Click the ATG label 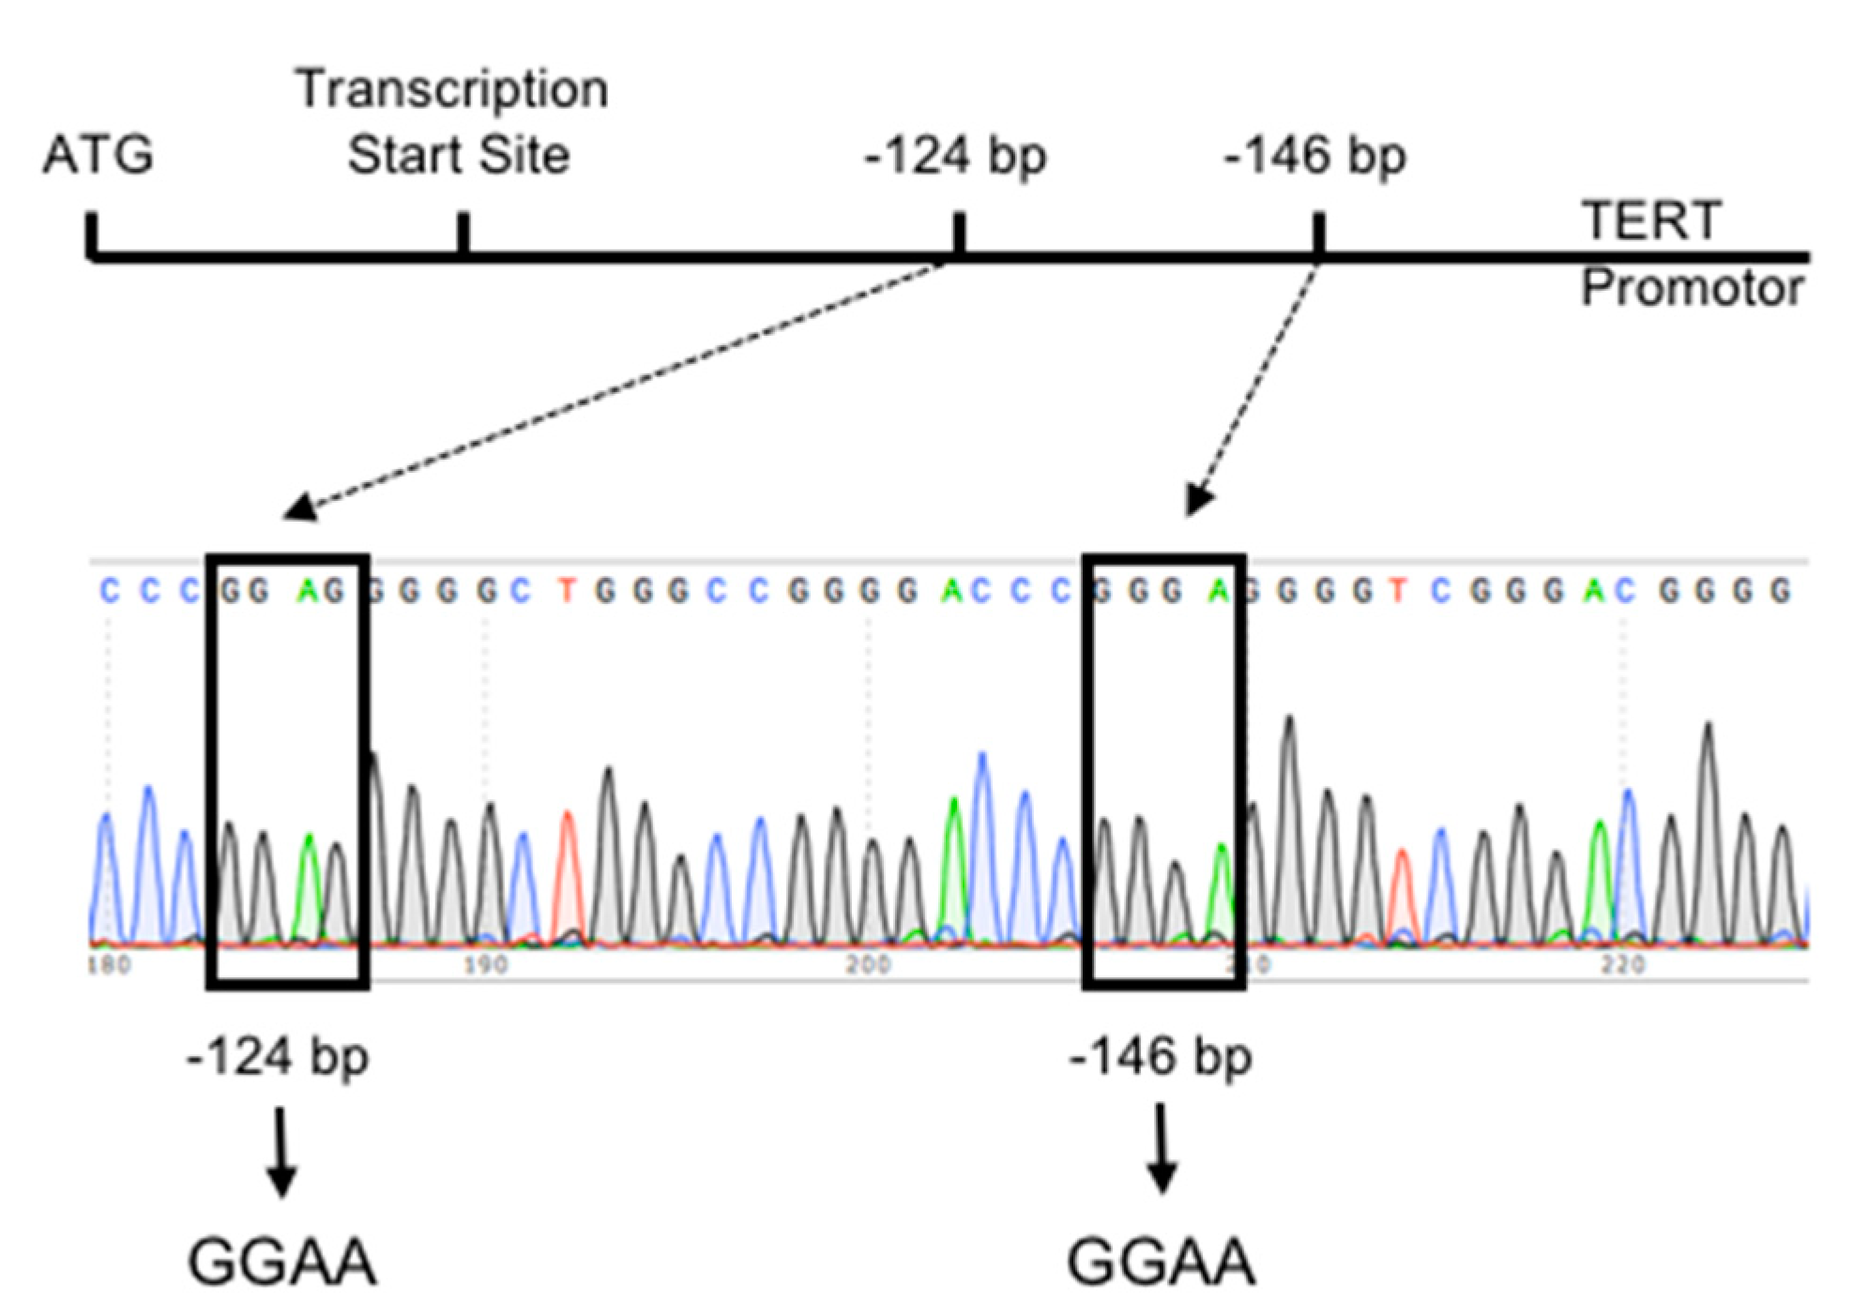[x=98, y=155]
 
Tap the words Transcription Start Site [x=454, y=122]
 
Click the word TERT [x=1650, y=221]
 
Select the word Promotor [x=1692, y=288]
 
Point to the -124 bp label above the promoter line [x=955, y=156]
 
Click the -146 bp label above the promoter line [x=1314, y=156]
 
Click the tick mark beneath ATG [x=92, y=234]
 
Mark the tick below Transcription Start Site [x=463, y=234]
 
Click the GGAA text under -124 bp [x=281, y=1263]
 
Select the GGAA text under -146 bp [x=1161, y=1263]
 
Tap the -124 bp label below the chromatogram [x=278, y=1058]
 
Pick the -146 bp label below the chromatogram [x=1161, y=1058]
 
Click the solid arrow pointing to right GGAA [x=1162, y=1150]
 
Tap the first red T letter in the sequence [x=566, y=591]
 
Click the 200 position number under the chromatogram [x=867, y=964]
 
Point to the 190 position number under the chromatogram [x=485, y=964]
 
